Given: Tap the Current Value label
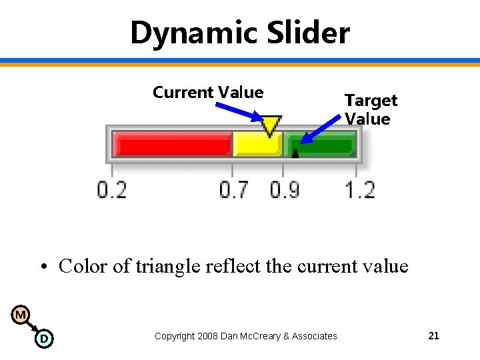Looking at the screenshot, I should [x=208, y=93].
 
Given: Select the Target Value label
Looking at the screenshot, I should [x=371, y=109].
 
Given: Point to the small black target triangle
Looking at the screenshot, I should [x=295, y=153].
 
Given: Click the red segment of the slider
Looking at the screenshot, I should [x=172, y=143].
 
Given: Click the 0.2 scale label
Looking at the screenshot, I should [x=112, y=190].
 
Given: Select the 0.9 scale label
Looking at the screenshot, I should [x=285, y=190].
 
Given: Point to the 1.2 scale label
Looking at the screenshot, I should [x=360, y=190].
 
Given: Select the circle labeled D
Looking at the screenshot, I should [x=43, y=339].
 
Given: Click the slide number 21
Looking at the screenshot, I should [x=433, y=336].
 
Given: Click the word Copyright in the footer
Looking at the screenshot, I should [x=175, y=336].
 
